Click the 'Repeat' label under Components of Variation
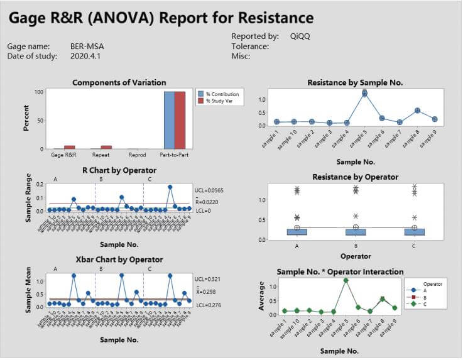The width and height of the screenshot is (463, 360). tap(101, 153)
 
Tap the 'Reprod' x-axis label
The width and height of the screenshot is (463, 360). tap(138, 153)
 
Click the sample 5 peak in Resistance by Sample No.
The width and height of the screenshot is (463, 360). tap(364, 93)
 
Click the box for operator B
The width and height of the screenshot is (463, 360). tap(356, 231)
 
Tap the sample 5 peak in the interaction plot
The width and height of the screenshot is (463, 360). tap(346, 280)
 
